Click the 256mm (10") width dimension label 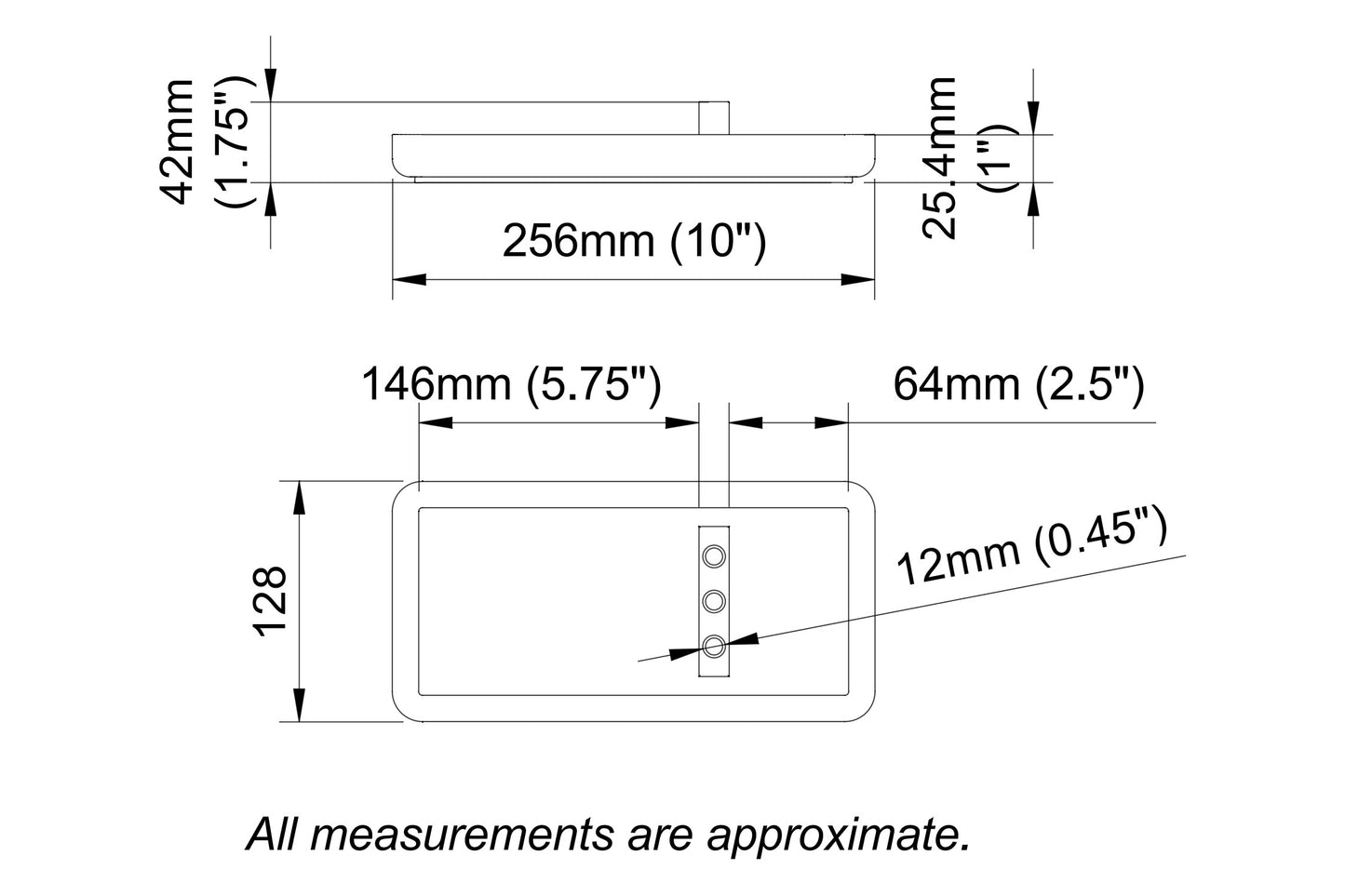pyautogui.click(x=634, y=241)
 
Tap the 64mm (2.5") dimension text pyautogui.click(x=1018, y=384)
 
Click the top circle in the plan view pyautogui.click(x=714, y=556)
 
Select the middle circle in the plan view pyautogui.click(x=714, y=601)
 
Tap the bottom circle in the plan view pyautogui.click(x=714, y=646)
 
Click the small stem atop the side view pyautogui.click(x=713, y=118)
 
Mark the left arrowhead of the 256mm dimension pyautogui.click(x=408, y=278)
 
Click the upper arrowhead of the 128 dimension pyautogui.click(x=300, y=498)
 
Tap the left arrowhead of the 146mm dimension pyautogui.click(x=435, y=421)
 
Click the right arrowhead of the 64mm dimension pyautogui.click(x=831, y=421)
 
